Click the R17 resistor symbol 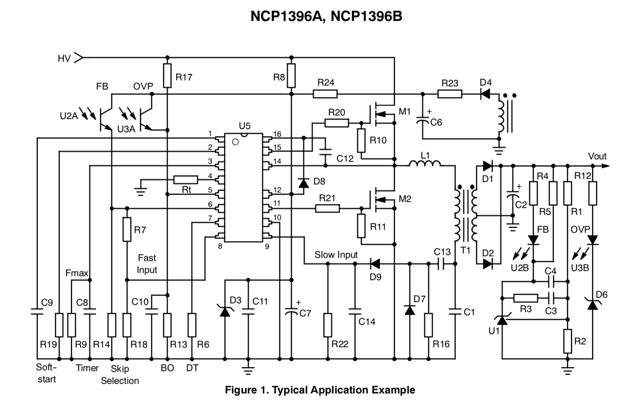(167, 76)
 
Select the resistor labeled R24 (325, 94)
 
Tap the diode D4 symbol (485, 94)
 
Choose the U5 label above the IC (244, 126)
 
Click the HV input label (64, 59)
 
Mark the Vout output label (597, 156)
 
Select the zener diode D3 (225, 311)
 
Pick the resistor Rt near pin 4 (186, 180)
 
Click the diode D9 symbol (375, 264)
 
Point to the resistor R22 (328, 325)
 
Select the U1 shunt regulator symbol (502, 319)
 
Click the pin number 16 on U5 (277, 134)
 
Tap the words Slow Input (336, 255)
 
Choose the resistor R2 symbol (568, 341)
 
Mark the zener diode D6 (593, 305)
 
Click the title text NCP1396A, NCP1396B (326, 16)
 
